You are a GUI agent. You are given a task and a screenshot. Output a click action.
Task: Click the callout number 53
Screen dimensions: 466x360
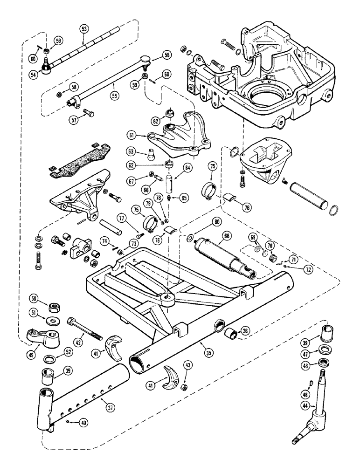[84, 29]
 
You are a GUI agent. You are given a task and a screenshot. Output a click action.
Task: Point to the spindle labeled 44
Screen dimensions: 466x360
[321, 396]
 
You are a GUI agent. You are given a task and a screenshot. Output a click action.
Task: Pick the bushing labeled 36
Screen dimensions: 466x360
[231, 334]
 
